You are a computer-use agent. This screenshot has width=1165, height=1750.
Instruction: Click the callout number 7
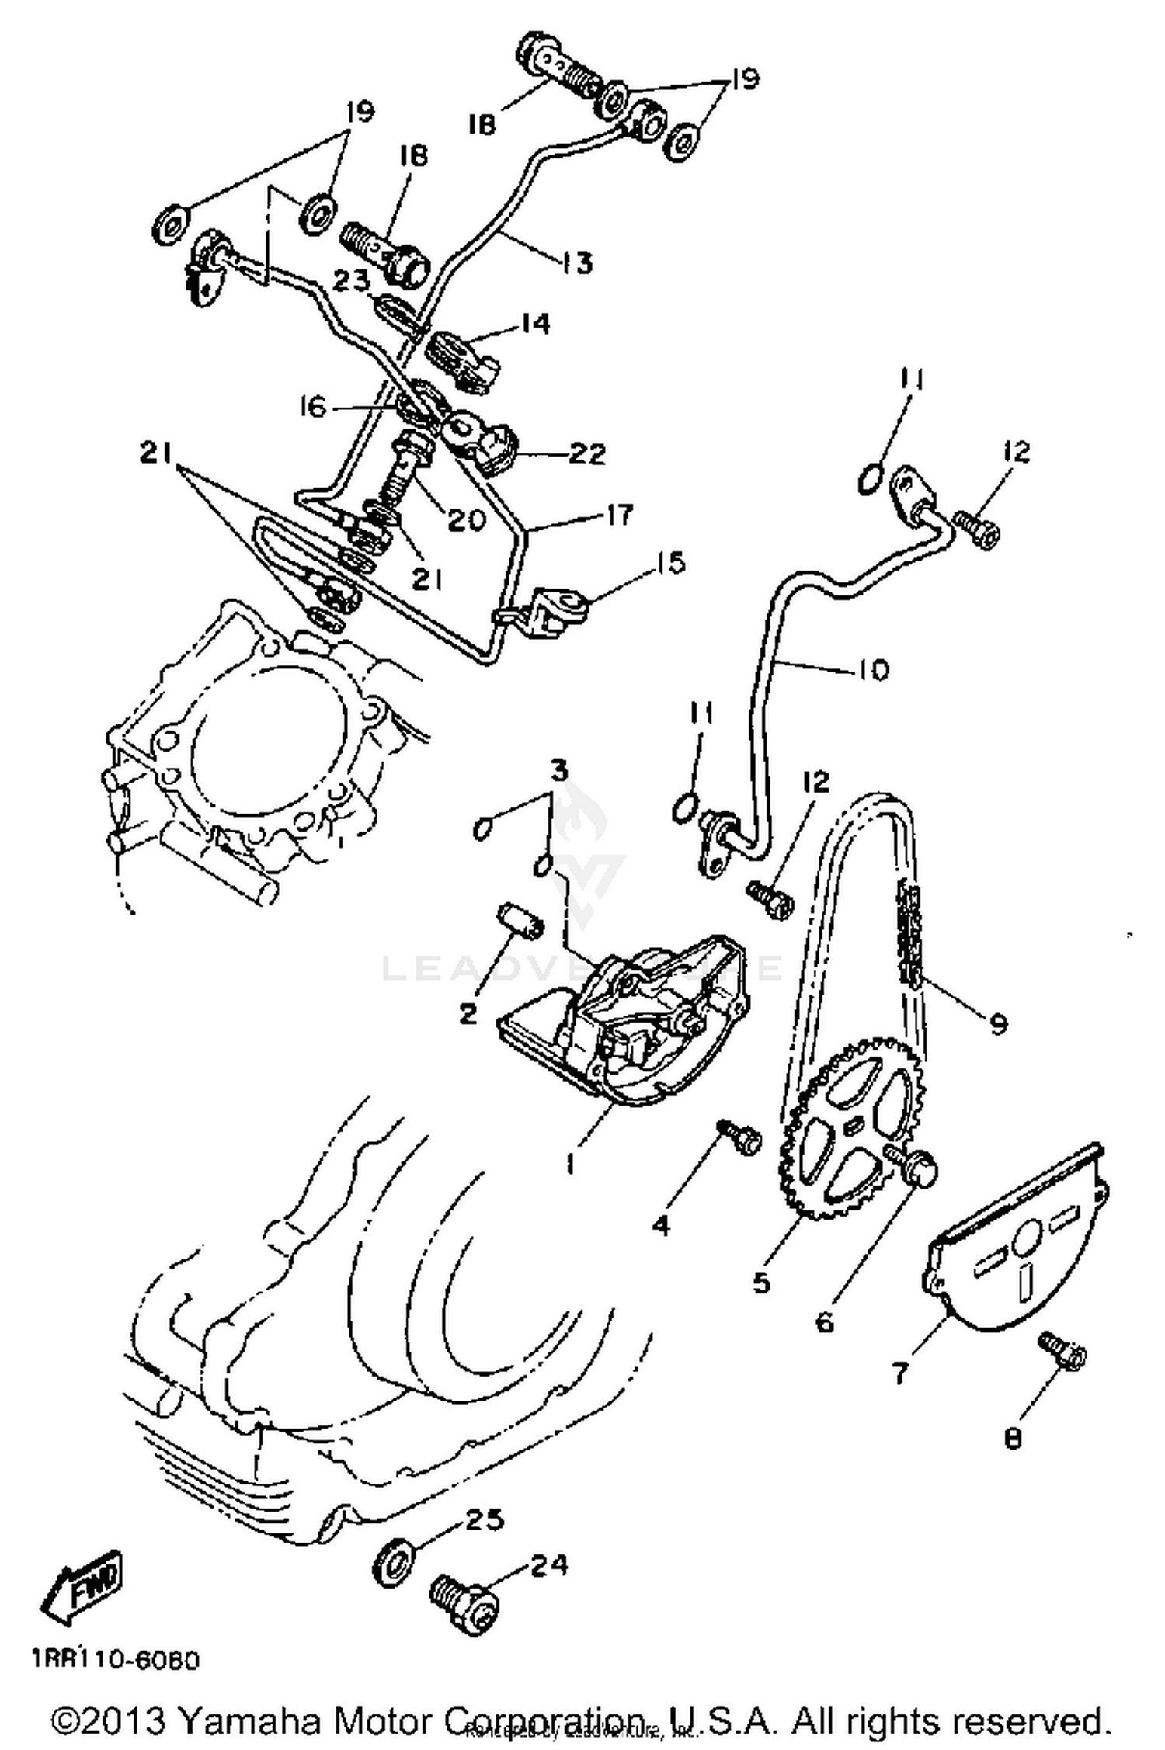click(899, 1373)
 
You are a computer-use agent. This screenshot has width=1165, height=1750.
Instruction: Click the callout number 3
click(559, 770)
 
